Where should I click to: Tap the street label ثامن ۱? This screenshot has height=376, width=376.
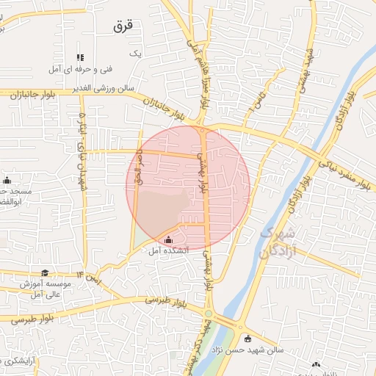253,100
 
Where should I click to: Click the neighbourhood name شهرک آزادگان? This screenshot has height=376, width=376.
275,242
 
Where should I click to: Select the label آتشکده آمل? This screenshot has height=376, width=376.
169,251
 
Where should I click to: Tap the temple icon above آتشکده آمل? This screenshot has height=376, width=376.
169,239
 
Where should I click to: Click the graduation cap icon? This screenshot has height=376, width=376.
46,273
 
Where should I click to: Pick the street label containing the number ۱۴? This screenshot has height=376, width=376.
95,278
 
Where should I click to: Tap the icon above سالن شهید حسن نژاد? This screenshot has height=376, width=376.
248,339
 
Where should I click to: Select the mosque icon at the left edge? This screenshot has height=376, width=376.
7,181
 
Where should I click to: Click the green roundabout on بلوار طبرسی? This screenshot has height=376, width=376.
209,314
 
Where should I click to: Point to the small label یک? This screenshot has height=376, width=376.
134,54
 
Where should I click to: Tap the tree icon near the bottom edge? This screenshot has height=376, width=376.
316,365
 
